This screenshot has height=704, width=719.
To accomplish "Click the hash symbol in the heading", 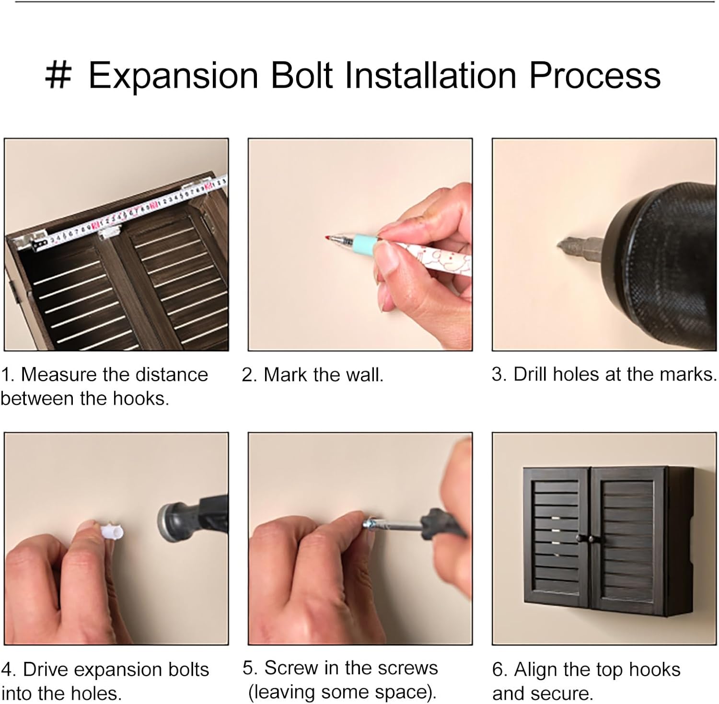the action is (58, 76).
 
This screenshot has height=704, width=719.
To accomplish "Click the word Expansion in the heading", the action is (174, 76).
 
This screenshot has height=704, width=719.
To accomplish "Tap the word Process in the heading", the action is (595, 76).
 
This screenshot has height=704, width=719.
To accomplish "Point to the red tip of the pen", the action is (327, 237).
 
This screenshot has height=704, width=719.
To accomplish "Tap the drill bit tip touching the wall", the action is (560, 245).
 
